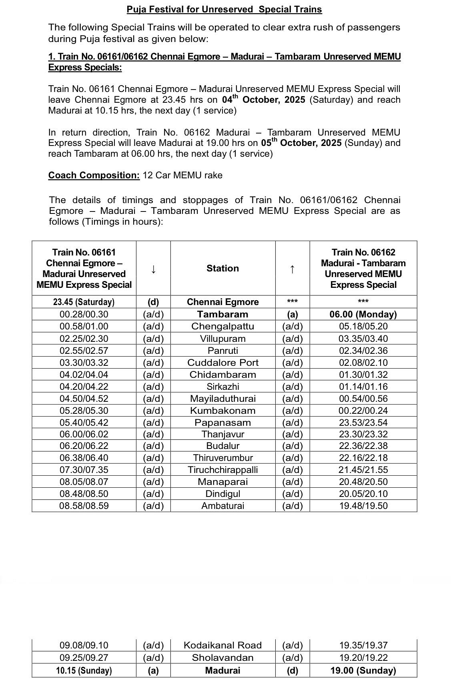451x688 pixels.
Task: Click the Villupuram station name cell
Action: tap(222, 339)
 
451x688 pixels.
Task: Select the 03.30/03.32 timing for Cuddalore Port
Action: tap(84, 363)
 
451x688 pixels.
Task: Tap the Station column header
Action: tap(222, 268)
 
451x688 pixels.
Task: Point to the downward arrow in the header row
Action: tap(153, 269)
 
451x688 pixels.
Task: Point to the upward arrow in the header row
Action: tap(293, 269)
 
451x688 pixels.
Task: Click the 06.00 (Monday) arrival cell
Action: tap(363, 314)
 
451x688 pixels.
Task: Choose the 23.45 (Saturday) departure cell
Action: tap(84, 302)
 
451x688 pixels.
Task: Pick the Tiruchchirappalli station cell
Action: tap(222, 470)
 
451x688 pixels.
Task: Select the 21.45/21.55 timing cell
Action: tap(363, 470)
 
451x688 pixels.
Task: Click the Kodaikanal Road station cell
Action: tap(222, 645)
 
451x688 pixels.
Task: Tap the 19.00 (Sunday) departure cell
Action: tap(363, 670)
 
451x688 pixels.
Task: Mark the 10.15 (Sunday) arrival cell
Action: tap(84, 670)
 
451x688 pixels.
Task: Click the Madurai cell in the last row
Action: tap(222, 670)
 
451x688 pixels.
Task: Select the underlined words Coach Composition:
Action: tap(94, 175)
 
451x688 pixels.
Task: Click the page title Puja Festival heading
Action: tap(224, 9)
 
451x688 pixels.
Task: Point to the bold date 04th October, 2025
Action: tap(264, 99)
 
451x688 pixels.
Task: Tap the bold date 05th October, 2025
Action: tap(301, 142)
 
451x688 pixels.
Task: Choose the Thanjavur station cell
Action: tap(222, 434)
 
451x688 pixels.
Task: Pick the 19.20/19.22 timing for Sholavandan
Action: tap(363, 658)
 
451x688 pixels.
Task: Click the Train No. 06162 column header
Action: tap(363, 268)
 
